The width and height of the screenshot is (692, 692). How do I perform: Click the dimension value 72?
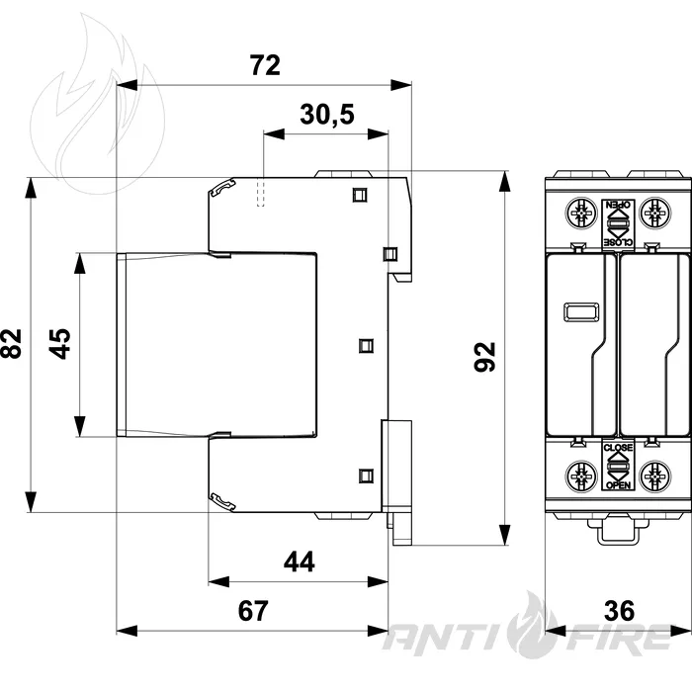pos(265,65)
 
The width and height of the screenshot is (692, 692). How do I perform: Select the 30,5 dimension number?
pos(327,115)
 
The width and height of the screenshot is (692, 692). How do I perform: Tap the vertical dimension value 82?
pos(12,344)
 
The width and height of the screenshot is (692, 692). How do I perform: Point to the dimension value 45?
pos(59,344)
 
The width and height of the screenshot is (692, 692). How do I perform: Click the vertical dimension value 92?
pos(484,357)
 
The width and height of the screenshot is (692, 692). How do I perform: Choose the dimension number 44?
pos(300,562)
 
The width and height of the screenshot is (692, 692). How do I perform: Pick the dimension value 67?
pos(253,611)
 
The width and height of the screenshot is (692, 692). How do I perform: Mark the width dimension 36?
pos(619,611)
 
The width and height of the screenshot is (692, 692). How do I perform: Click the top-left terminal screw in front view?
pos(581,214)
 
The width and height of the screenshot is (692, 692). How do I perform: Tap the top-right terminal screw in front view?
pos(654,214)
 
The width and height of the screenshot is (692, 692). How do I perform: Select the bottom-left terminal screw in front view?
pos(581,476)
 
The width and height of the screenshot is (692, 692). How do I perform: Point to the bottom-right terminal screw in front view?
pos(654,476)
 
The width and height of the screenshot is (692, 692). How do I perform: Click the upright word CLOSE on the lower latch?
pos(618,448)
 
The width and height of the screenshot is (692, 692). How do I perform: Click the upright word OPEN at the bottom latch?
pos(618,485)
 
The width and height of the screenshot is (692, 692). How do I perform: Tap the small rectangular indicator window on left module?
pos(581,312)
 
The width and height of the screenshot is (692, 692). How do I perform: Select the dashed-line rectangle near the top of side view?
pos(261,192)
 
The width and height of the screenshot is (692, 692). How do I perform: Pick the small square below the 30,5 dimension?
pos(360,195)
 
